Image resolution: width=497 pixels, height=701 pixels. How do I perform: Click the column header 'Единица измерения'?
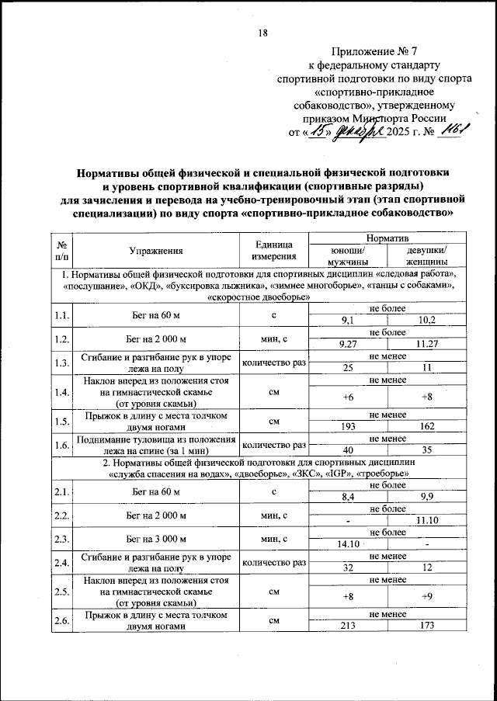274,250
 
